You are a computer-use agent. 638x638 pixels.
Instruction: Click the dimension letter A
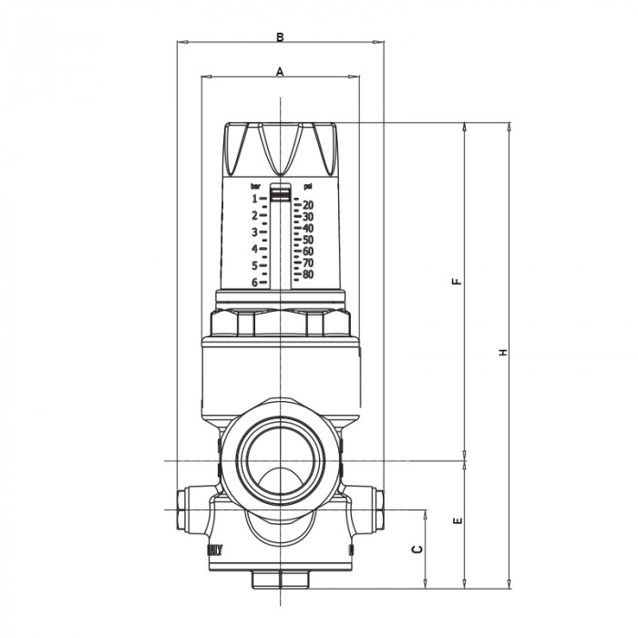tap(280, 70)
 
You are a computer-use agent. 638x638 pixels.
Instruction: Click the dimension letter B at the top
tap(281, 36)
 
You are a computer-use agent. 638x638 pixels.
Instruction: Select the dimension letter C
tap(417, 550)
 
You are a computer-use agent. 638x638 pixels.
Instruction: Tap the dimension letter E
tap(458, 522)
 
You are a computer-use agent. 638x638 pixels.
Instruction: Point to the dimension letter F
tap(458, 281)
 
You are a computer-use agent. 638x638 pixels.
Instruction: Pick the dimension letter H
tap(502, 353)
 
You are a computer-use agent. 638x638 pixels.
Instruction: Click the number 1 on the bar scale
tap(254, 198)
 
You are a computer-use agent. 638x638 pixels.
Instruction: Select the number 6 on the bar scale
tap(254, 283)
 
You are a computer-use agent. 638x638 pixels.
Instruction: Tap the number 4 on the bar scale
tap(254, 249)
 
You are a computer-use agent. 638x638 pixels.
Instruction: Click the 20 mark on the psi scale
tap(308, 205)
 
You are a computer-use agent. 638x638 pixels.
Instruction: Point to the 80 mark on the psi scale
tap(308, 274)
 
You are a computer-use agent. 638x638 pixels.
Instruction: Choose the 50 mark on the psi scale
tap(308, 240)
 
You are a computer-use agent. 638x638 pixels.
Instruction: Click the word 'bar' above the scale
tap(256, 186)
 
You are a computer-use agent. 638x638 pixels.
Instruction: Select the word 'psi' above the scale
tap(308, 186)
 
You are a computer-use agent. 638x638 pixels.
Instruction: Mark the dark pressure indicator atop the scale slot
tap(282, 194)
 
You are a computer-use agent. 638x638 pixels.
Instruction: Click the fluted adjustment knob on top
tap(281, 146)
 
